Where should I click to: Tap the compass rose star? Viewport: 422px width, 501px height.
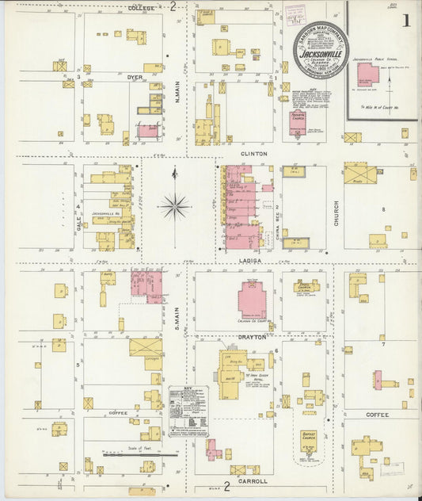pos(174,207)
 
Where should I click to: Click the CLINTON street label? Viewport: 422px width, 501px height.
pos(255,153)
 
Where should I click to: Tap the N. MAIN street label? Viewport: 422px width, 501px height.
pos(176,94)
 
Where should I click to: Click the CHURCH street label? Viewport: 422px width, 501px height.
pos(336,212)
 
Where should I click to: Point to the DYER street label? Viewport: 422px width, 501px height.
pos(135,77)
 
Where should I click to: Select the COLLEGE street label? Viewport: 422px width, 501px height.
pos(141,7)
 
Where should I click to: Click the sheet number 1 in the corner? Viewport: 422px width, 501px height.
pos(405,21)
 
